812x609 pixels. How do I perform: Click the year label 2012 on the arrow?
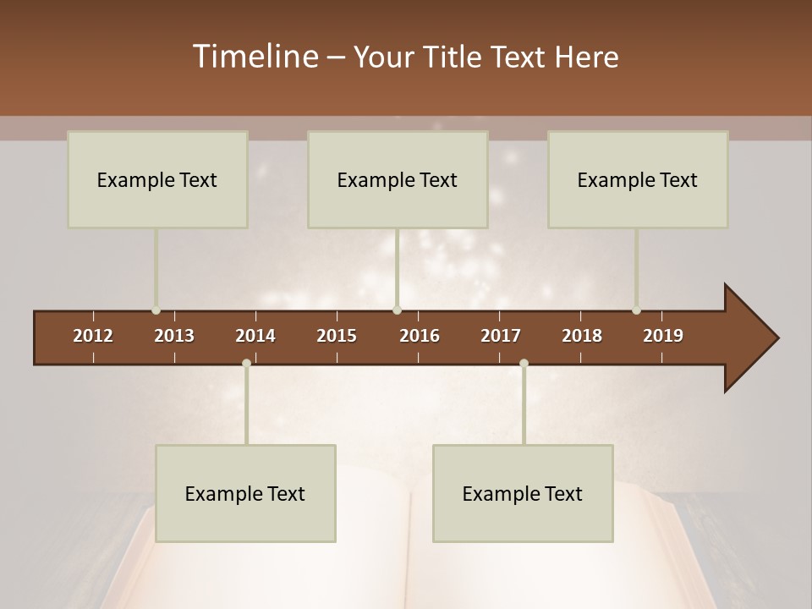[93, 336]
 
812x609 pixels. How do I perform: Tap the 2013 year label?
[174, 336]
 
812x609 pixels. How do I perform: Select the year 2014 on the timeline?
[255, 336]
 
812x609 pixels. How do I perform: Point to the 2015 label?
[337, 336]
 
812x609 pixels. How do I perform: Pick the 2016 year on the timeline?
[420, 336]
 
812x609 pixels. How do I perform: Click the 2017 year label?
[501, 336]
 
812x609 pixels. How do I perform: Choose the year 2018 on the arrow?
[582, 336]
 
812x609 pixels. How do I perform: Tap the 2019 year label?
[663, 336]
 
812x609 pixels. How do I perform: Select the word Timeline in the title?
[254, 57]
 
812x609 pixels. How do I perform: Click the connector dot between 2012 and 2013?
[156, 310]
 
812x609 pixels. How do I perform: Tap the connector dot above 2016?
[397, 310]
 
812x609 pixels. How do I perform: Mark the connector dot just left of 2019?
[636, 310]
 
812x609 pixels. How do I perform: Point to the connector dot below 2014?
[246, 364]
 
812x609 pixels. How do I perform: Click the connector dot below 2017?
[524, 364]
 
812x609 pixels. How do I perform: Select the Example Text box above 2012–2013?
[157, 179]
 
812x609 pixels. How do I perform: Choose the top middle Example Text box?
[398, 179]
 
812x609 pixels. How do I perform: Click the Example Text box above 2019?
[638, 179]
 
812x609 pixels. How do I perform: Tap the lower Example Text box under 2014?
[245, 493]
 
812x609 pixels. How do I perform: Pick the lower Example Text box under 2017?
[523, 493]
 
